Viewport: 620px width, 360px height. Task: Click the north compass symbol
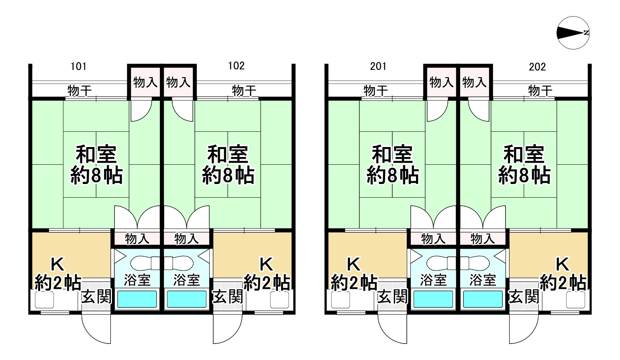point(573,33)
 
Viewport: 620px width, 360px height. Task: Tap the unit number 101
point(78,66)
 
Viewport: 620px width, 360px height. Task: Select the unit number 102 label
point(236,66)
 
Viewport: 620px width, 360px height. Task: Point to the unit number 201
point(378,66)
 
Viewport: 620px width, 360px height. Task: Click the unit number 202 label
point(537,67)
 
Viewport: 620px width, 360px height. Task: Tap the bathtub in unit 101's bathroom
point(137,299)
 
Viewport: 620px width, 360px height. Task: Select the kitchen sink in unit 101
point(44,300)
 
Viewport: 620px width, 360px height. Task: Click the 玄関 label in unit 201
point(392,297)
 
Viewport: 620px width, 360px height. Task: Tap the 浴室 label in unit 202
point(483,280)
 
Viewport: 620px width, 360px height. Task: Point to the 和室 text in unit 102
point(228,154)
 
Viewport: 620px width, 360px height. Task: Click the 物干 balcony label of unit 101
point(80,91)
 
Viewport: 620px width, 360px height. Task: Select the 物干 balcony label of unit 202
point(540,91)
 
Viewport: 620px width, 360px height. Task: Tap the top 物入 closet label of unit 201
point(441,82)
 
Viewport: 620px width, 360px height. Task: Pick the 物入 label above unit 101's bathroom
point(137,239)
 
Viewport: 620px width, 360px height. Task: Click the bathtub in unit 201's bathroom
point(433,299)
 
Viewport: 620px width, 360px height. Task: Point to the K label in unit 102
point(266,265)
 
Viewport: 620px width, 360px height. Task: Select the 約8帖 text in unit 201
point(392,176)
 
